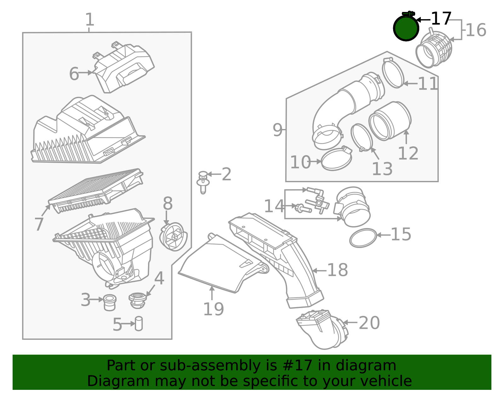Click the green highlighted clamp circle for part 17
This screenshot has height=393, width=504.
point(406,28)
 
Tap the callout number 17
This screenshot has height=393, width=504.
point(441,19)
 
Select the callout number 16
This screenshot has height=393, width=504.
point(476,30)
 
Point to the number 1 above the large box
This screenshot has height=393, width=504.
point(90,20)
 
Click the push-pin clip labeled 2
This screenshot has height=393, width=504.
point(203,182)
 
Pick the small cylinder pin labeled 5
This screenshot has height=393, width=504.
point(139,323)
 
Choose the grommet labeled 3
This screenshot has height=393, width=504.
point(110,302)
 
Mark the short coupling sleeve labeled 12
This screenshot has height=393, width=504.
point(390,121)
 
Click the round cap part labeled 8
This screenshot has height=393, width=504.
point(174,237)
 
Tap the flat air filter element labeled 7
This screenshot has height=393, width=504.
point(95,190)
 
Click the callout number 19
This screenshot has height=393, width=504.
point(213,309)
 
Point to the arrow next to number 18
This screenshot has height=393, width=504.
point(319,270)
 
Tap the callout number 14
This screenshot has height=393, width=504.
point(274,206)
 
